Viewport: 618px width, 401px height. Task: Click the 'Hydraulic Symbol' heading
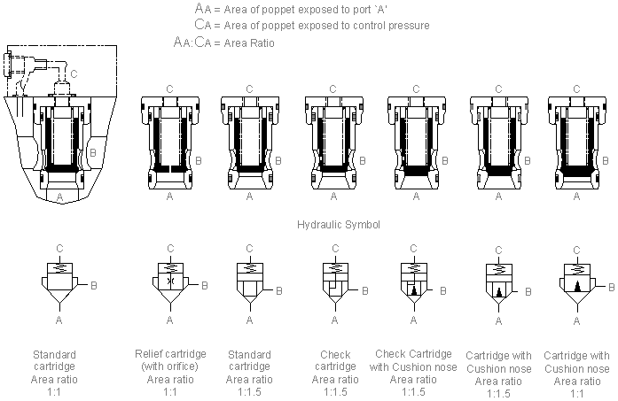(x=339, y=225)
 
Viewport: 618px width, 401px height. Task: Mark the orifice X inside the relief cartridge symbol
(x=169, y=280)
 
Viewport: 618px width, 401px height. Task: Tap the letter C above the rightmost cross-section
(x=578, y=89)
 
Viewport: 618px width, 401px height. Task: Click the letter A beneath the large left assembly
(x=59, y=194)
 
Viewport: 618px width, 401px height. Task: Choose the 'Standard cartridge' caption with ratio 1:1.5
(x=249, y=367)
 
